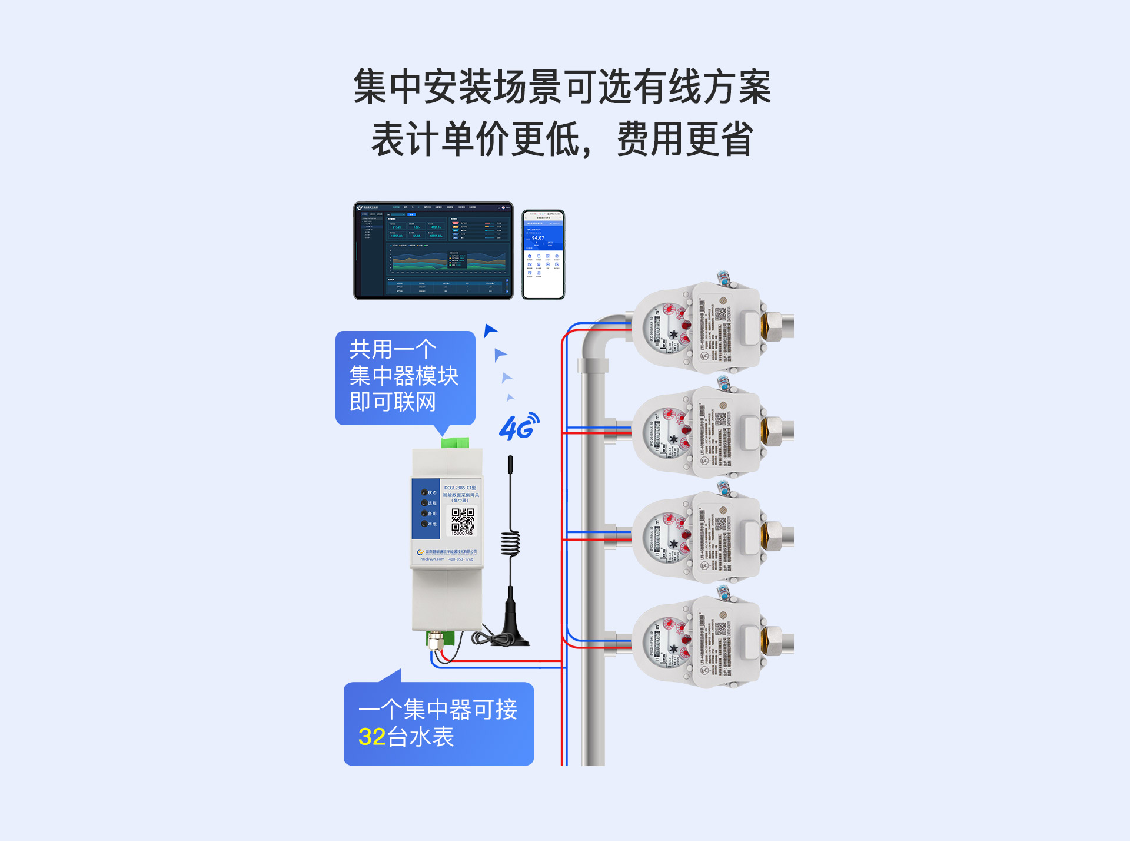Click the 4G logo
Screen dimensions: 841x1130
point(519,427)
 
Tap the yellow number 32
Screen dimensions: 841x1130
point(372,737)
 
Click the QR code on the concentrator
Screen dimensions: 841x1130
point(463,519)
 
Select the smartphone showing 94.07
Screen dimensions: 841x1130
point(543,254)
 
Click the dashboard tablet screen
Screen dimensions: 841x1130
point(433,250)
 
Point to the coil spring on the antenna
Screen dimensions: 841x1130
point(510,543)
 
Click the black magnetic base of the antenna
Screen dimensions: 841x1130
point(510,633)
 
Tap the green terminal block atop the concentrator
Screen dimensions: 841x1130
point(455,442)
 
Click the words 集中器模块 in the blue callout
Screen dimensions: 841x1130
point(404,376)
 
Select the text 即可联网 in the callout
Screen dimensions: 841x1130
point(393,402)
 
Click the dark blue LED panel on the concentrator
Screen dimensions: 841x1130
point(426,508)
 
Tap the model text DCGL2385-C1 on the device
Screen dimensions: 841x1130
point(460,488)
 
